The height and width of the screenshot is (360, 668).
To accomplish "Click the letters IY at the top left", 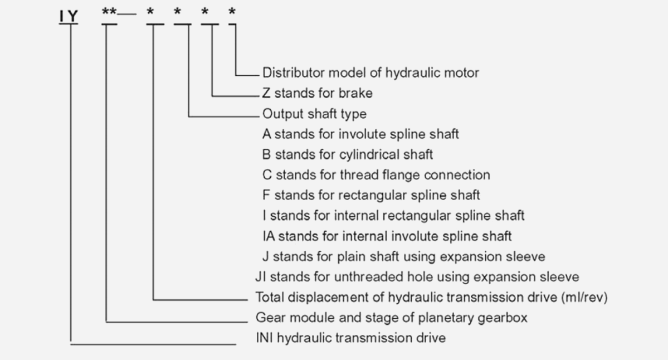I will point(69,17).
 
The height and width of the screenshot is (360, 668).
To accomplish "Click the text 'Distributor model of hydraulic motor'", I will point(370,72).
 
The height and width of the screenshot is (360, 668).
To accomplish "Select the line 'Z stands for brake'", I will point(317,93).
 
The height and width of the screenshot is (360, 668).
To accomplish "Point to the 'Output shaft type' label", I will point(314,114).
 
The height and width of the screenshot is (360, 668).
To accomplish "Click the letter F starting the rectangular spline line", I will point(266,195).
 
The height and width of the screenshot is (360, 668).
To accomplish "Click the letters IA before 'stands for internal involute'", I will point(269,236).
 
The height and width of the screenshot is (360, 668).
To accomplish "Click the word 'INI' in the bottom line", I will point(265,338).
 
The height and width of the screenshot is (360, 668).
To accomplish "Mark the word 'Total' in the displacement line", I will point(269,297).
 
